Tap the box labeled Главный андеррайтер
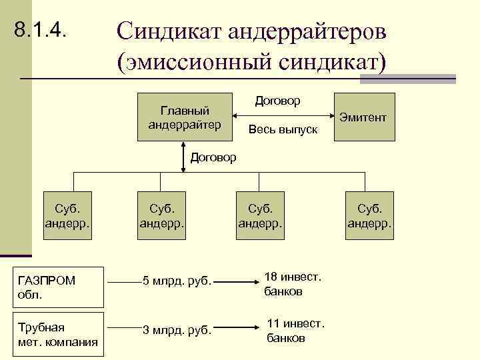tap(185, 117)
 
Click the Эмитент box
tap(364, 117)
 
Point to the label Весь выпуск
tap(283, 129)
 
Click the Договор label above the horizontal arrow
tap(278, 101)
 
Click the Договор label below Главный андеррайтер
tap(213, 157)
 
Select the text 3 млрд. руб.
tap(177, 329)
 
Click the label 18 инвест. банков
tap(293, 284)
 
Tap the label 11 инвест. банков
tap(295, 331)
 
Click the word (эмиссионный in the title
tap(201, 63)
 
